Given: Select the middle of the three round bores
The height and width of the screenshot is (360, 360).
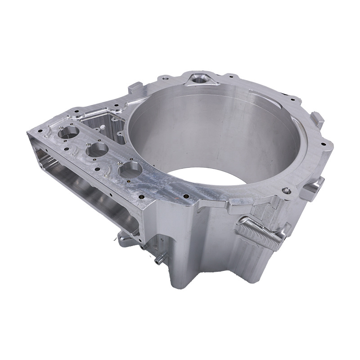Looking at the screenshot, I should click(98, 150).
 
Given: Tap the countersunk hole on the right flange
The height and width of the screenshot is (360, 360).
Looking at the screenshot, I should click(286, 191).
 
